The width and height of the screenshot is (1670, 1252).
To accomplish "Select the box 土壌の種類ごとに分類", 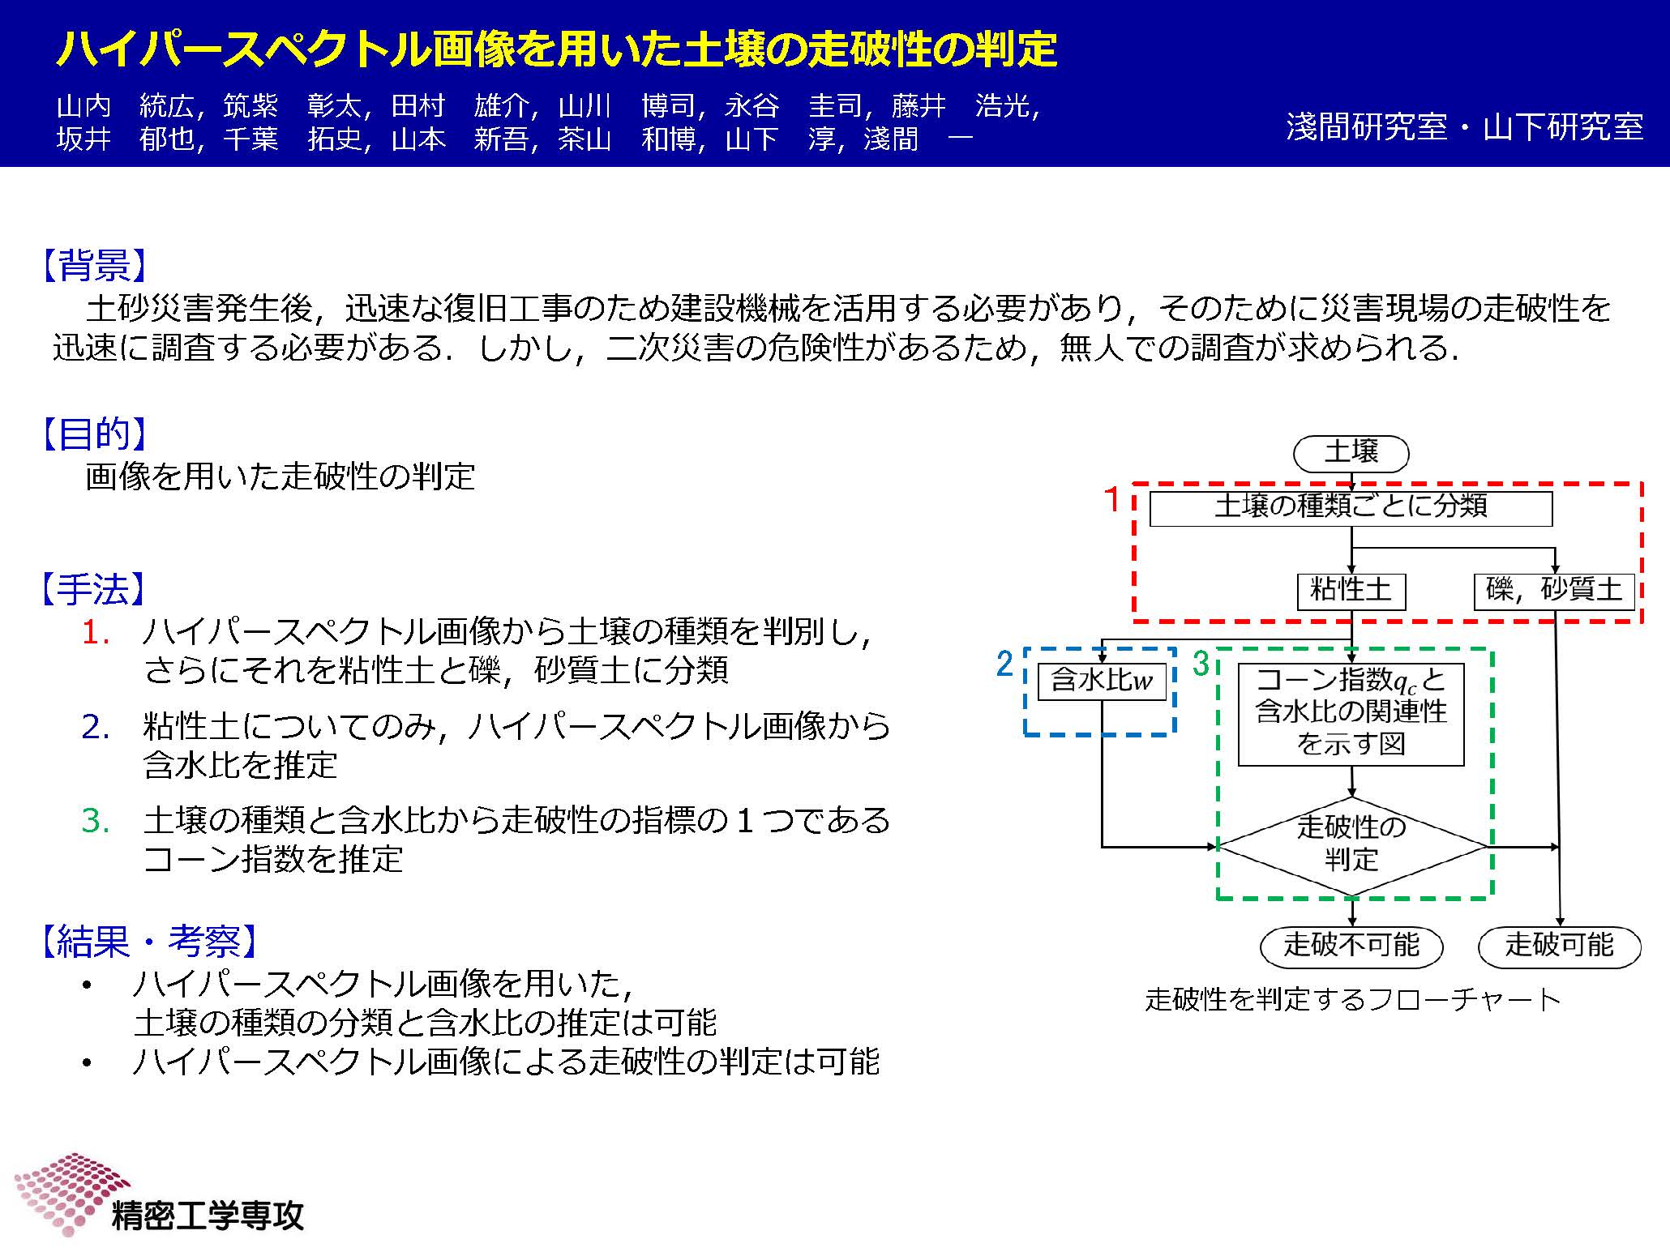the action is click(x=1351, y=508).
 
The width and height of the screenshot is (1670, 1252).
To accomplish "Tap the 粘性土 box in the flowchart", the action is click(x=1351, y=591).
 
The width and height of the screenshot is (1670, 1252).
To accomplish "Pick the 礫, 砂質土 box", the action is click(x=1554, y=591).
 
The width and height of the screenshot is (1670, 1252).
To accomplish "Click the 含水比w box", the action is click(x=1102, y=682).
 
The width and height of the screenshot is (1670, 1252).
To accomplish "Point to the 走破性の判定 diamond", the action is click(x=1352, y=846).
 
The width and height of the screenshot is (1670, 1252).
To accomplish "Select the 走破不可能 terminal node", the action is click(x=1351, y=946).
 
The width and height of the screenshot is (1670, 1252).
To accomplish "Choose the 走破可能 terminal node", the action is click(x=1560, y=946).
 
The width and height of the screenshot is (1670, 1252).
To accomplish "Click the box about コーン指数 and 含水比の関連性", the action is click(x=1351, y=714).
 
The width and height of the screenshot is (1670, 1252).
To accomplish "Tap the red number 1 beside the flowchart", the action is click(x=1113, y=499).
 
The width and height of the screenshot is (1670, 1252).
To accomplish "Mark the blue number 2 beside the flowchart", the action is click(x=1004, y=664).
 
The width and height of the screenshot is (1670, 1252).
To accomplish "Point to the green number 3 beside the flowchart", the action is click(x=1201, y=664).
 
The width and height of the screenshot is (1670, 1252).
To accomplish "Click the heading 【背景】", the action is click(x=94, y=265).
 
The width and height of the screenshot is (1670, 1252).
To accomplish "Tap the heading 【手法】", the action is click(x=94, y=589).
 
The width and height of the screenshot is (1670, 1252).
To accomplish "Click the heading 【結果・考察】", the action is click(x=150, y=941).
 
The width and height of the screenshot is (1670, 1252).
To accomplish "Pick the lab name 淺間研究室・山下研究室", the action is click(x=1464, y=126).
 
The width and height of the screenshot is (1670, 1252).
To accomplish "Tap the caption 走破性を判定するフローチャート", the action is click(x=1352, y=999).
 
